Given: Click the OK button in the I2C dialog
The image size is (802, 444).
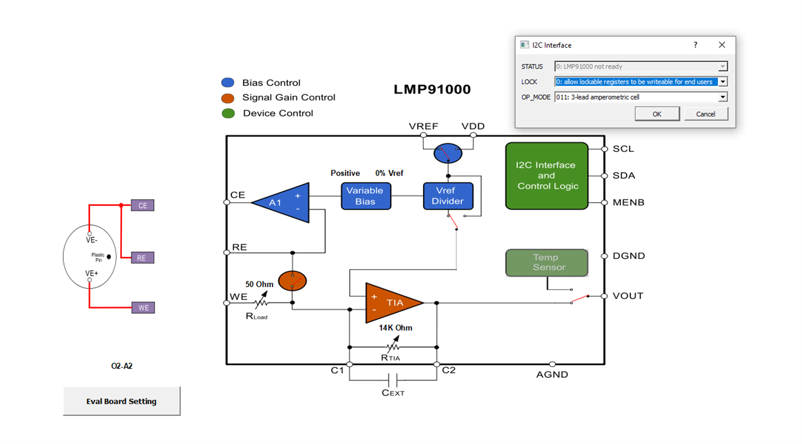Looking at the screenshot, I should [x=657, y=114].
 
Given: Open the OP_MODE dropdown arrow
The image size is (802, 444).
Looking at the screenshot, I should [x=722, y=97].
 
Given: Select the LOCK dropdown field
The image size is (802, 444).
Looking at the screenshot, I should [x=636, y=82].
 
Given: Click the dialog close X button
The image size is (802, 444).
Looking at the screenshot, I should [x=721, y=45].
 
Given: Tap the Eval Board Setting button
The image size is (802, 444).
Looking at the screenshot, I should [x=121, y=401].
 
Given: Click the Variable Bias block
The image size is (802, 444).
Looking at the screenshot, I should [x=365, y=196].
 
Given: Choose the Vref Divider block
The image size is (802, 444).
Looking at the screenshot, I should [x=447, y=196].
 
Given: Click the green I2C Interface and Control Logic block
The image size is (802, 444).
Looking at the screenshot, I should [x=546, y=176].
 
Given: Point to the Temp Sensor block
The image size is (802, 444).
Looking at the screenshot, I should [x=546, y=263].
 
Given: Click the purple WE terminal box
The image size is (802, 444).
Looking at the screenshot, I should [x=143, y=308].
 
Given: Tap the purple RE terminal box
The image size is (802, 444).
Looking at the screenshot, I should [x=142, y=258].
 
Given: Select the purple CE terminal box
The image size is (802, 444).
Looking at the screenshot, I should [x=142, y=205].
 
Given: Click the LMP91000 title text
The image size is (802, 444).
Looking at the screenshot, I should [x=432, y=90].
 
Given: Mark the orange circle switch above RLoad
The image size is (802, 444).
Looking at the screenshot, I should [x=292, y=281].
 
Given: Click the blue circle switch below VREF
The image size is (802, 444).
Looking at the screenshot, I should [x=447, y=154].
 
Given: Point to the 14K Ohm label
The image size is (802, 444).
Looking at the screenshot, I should [x=396, y=328].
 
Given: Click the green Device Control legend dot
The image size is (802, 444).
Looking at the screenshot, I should [x=228, y=113].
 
